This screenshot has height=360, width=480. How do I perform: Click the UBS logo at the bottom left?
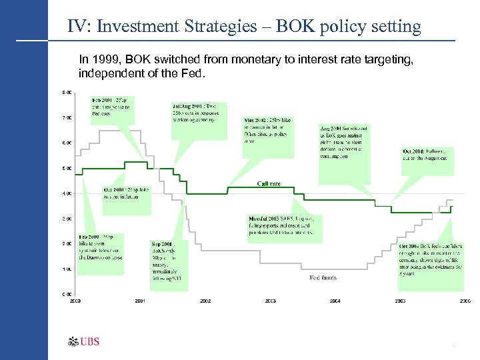(83, 342)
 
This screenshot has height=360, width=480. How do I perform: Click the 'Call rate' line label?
(269, 183)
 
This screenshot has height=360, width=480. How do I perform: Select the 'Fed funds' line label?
(323, 277)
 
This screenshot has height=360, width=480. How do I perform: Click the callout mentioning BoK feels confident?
(430, 258)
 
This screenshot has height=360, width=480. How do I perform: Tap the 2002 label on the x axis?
(205, 301)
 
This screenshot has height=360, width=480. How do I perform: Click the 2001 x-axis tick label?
(140, 301)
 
